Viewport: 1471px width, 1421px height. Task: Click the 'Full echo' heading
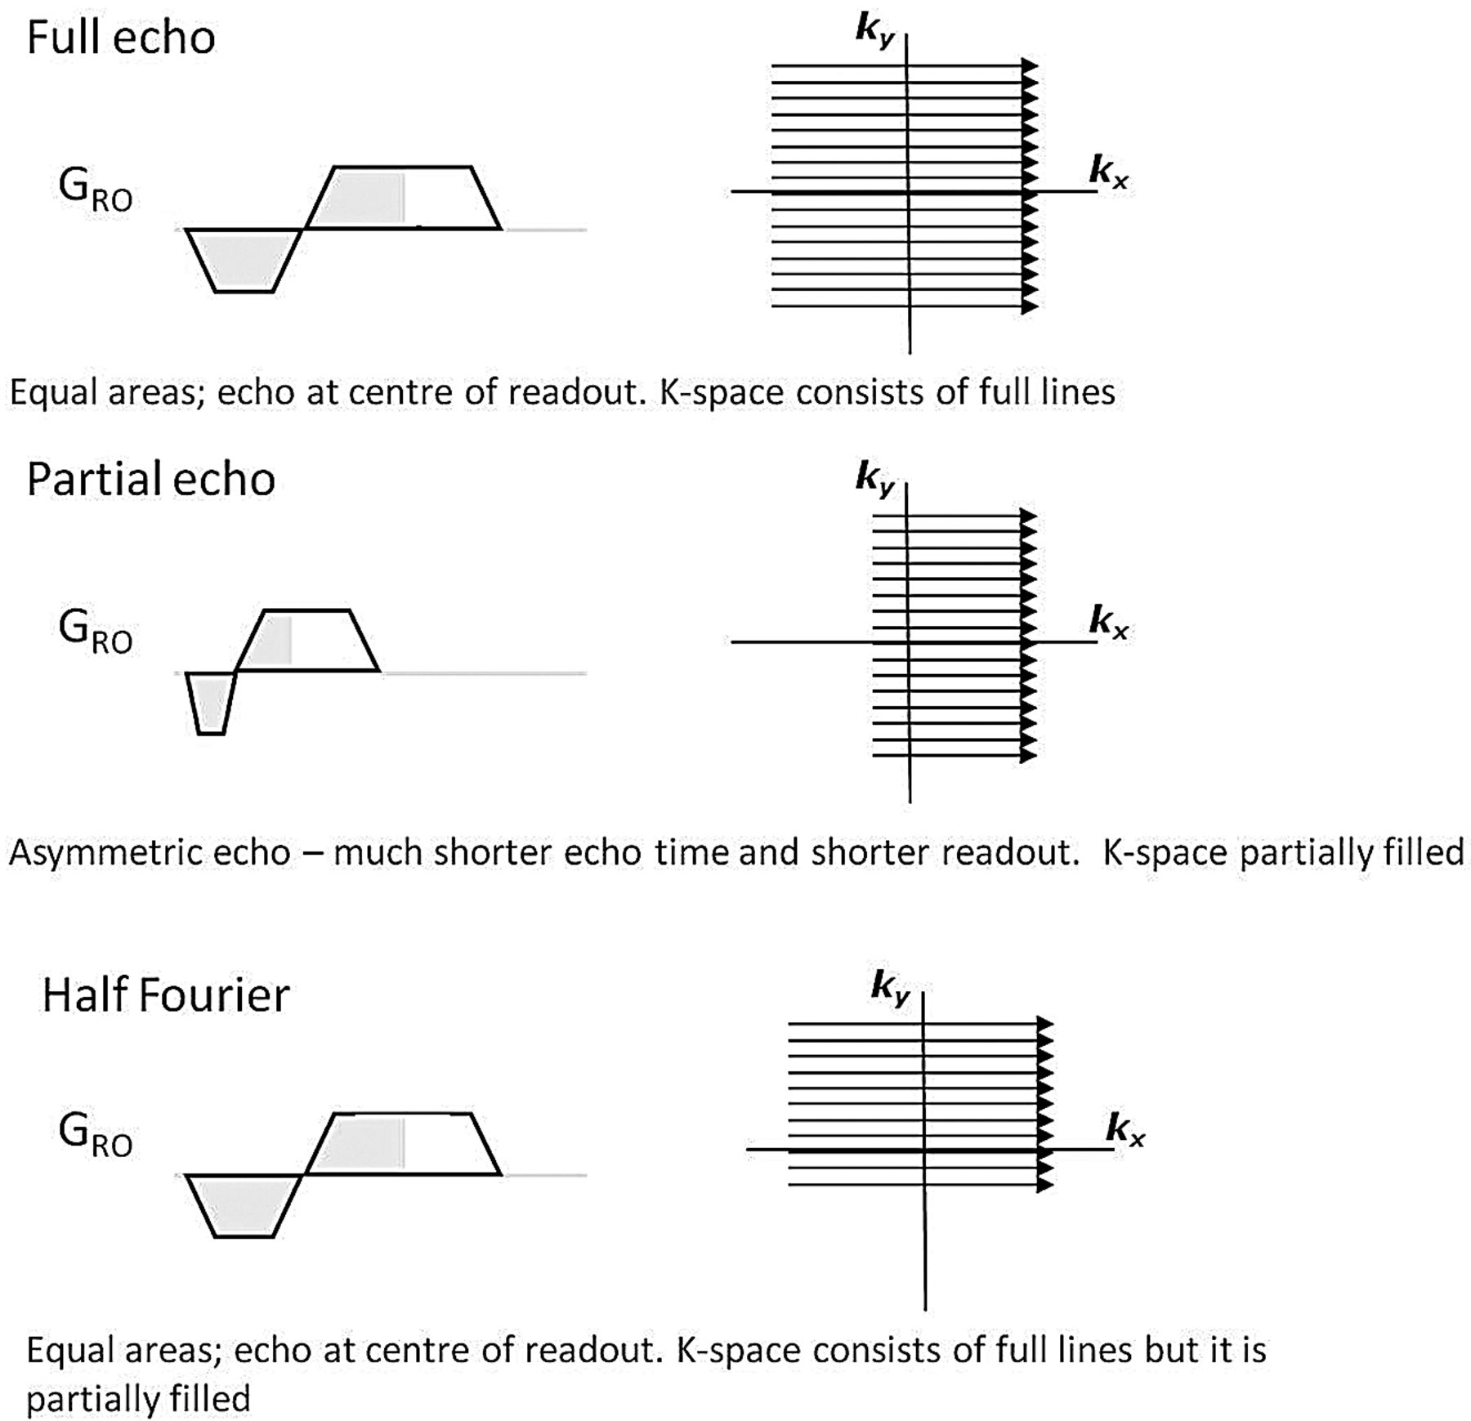tap(121, 38)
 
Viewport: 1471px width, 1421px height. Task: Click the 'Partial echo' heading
tap(150, 479)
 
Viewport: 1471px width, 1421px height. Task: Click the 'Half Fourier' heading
tap(166, 995)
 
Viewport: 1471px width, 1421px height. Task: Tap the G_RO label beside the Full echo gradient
tap(95, 190)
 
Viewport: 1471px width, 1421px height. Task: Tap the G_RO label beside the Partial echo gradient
tap(95, 632)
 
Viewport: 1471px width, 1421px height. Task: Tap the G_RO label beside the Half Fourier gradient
tap(95, 1136)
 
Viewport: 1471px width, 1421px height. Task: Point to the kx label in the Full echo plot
tap(1108, 172)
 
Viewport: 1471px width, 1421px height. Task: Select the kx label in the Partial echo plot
tap(1108, 622)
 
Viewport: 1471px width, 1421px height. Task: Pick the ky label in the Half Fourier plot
tap(890, 987)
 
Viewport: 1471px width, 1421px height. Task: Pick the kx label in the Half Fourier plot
tap(1124, 1129)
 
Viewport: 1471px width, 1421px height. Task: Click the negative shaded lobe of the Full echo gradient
tap(244, 259)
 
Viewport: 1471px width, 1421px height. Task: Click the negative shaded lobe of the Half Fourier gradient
tap(244, 1204)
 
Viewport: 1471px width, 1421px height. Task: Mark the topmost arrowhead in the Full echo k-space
tap(1030, 65)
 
